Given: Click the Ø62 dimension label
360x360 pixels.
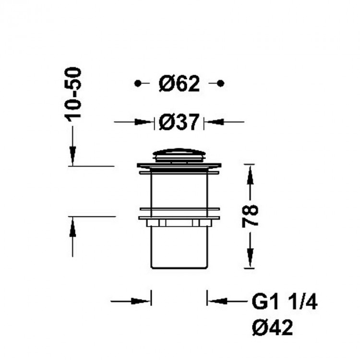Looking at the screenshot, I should tap(179, 84).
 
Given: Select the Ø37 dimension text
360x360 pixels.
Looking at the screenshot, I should tap(179, 123).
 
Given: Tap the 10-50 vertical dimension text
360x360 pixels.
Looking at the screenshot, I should tap(73, 94).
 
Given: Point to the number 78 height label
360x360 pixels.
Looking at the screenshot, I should tap(250, 216).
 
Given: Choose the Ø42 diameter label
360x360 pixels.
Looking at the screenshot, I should tap(272, 329).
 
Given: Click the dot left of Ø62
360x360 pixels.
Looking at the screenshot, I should tap(138, 84).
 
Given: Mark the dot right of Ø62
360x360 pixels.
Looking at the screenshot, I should tap(220, 84).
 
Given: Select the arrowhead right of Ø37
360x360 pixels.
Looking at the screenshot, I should tap(213, 122).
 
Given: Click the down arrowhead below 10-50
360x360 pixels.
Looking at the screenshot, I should tap(72, 156).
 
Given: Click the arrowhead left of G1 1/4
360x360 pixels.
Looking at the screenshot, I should tap(216, 301).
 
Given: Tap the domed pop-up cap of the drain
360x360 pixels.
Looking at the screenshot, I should tap(179, 155).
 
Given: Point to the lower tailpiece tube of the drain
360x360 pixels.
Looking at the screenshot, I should tap(179, 247).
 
